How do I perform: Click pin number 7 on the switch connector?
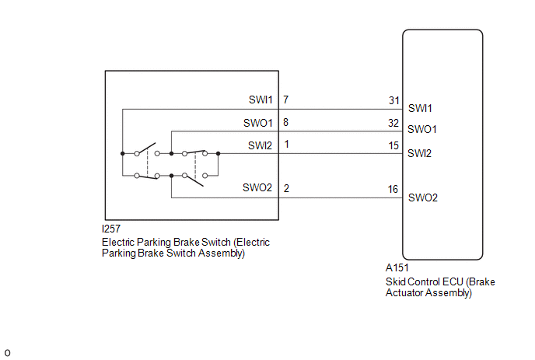coord(286,100)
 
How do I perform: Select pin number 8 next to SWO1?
coord(286,122)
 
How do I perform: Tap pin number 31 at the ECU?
coord(394,100)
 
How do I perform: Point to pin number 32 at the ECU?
coord(393,123)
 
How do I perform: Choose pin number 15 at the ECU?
coord(393,145)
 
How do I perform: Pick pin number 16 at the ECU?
coord(393,189)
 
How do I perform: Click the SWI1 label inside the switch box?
coord(261,100)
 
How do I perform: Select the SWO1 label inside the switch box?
coord(258,123)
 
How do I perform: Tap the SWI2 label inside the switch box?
coord(260,145)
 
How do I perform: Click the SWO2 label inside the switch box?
coord(257,187)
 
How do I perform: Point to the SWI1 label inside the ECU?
coord(420,108)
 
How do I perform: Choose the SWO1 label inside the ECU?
coord(422,129)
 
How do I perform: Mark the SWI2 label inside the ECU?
coord(419,153)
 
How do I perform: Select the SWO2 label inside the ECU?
coord(423,197)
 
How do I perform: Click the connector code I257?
coord(111,229)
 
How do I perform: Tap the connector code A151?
coord(397,268)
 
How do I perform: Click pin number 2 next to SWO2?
coord(286,188)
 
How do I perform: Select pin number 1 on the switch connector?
coord(287,144)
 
